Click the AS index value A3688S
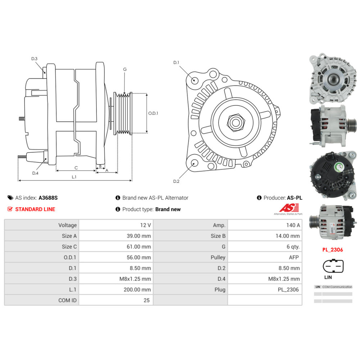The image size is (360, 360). [x=48, y=198]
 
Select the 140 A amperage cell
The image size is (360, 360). [x=265, y=225]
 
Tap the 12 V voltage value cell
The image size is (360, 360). [x=116, y=225]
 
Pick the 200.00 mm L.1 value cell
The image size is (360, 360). [x=116, y=289]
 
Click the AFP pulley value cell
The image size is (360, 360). [x=265, y=257]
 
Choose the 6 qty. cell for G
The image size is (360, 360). [x=265, y=247]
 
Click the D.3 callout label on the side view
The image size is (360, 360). [x=34, y=59]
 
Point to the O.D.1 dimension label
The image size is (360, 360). [x=153, y=113]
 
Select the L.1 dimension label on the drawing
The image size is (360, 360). [x=74, y=177]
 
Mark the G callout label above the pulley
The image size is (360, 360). [x=125, y=69]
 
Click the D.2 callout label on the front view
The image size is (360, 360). [x=176, y=181]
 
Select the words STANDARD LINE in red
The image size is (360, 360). [x=35, y=209]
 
